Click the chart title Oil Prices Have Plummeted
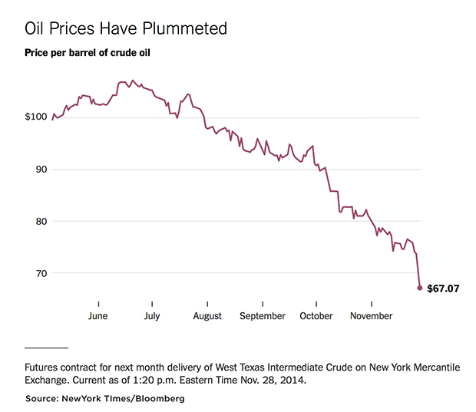pos(126,29)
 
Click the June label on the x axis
pos(98,316)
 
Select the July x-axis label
pos(153,316)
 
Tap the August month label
pos(207,316)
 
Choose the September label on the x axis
pos(262,316)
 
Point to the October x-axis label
pos(316,316)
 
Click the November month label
pos(371,316)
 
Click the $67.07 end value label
pos(443,288)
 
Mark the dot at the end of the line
pos(420,288)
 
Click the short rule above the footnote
pos(46,348)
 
